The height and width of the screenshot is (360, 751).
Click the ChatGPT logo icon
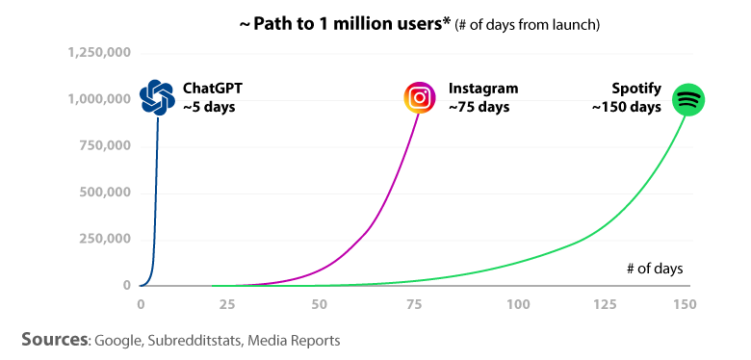pos(157,97)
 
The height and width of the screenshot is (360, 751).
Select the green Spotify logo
pos(688,99)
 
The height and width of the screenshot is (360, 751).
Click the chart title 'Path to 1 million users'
pos(345,22)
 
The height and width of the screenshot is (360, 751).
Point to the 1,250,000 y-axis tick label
pos(99,53)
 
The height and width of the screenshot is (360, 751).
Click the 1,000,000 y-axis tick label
pos(99,99)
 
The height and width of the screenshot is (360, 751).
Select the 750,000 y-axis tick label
pos(105,146)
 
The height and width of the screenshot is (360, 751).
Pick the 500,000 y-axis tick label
pos(105,193)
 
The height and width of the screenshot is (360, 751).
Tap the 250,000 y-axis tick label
pos(105,240)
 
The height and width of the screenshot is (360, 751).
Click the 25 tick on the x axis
pos(228,305)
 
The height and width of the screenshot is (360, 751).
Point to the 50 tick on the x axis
pos(320,305)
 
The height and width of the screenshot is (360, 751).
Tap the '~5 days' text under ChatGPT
pos(209,107)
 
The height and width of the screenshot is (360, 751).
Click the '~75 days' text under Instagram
pos(479,107)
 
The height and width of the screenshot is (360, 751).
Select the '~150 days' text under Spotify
pos(626,107)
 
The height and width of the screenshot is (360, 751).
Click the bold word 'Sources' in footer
pos(56,340)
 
